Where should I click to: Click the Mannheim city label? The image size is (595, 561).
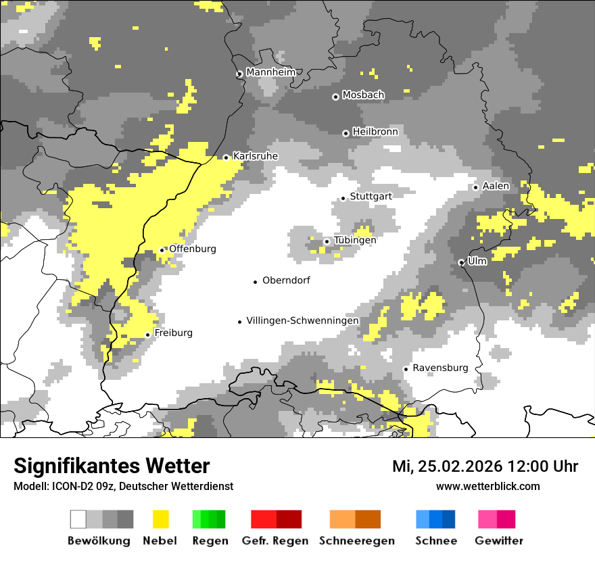pos(270,72)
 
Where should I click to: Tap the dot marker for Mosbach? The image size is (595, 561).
pos(335,97)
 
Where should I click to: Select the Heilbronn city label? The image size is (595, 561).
pos(375,132)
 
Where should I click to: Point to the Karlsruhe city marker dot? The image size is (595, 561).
pos(226,157)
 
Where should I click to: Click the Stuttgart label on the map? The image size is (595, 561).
pos(371,196)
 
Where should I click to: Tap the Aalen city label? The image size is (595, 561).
pos(496,186)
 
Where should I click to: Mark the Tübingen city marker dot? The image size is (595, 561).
pos(327,241)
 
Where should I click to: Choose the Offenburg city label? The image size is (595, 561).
pos(193,249)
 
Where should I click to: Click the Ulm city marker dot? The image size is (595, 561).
pos(461,262)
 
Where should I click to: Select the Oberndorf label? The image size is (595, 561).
pos(286,280)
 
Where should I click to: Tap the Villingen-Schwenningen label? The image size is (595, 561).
pos(302,320)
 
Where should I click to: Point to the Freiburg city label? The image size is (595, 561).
pos(173,333)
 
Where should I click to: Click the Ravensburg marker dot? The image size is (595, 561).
pos(406,369)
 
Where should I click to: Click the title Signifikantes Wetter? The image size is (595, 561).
pos(112,466)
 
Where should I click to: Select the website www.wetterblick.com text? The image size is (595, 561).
pos(487,486)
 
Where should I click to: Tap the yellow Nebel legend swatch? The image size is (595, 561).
pos(160,519)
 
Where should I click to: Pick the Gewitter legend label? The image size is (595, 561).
pos(498,541)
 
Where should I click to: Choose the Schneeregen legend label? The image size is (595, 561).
pos(356,541)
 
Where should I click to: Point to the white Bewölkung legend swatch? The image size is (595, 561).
pos(78,519)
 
